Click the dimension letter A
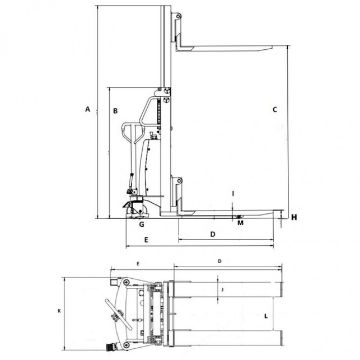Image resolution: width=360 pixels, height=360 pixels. point(87,109)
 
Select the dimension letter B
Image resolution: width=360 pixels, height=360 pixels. point(115,111)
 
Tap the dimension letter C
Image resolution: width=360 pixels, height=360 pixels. point(275,110)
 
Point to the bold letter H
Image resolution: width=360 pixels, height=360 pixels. point(294,217)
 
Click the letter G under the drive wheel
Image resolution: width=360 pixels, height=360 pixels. point(142,224)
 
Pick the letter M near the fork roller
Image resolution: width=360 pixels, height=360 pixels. point(240,223)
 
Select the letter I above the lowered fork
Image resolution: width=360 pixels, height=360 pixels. point(233,194)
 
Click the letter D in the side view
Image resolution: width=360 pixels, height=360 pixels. point(213,234)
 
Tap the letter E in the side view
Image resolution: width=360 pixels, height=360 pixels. point(146,240)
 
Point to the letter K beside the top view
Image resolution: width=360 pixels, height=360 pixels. point(59,311)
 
